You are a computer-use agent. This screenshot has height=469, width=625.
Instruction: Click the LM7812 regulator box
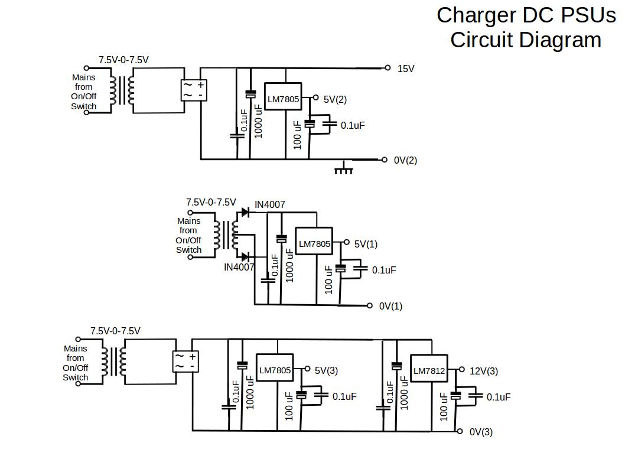click(429, 371)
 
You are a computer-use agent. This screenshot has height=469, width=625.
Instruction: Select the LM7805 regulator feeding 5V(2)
click(283, 99)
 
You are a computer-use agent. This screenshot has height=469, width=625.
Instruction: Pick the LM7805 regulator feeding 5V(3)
click(275, 370)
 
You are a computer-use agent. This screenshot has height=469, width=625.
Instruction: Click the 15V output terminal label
click(405, 69)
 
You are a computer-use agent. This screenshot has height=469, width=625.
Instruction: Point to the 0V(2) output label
click(405, 160)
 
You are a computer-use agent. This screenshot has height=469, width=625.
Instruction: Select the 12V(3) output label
click(483, 371)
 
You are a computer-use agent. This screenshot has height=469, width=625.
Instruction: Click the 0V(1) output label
click(390, 306)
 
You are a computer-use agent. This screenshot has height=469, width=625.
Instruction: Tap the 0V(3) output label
click(481, 432)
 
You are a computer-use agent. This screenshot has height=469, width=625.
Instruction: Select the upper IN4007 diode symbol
click(245, 213)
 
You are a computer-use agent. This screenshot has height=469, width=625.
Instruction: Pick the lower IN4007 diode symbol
click(245, 256)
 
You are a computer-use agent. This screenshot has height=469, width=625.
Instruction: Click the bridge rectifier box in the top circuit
click(193, 90)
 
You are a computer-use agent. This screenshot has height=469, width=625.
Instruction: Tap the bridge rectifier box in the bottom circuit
click(185, 361)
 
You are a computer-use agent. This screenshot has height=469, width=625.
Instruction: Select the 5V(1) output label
click(366, 244)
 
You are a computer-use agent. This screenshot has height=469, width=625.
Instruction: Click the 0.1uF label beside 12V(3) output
click(499, 397)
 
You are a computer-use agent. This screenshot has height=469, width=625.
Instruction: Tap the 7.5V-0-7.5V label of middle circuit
click(211, 202)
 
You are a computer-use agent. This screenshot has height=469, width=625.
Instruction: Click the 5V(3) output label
click(326, 370)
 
